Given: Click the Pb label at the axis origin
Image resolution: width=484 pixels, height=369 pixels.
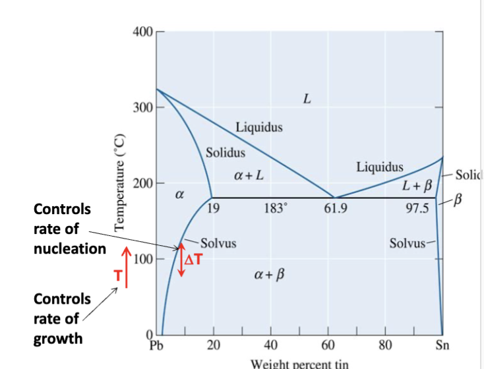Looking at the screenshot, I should (156, 344).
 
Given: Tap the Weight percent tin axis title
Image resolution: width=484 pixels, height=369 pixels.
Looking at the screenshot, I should (299, 363).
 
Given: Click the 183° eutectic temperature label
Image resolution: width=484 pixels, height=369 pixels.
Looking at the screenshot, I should (274, 210).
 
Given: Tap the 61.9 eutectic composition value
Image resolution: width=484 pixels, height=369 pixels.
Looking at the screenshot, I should (336, 210).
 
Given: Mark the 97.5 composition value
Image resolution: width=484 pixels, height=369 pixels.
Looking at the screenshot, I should (417, 210).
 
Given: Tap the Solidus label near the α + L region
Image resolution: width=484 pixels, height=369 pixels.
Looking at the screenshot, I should (226, 153).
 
